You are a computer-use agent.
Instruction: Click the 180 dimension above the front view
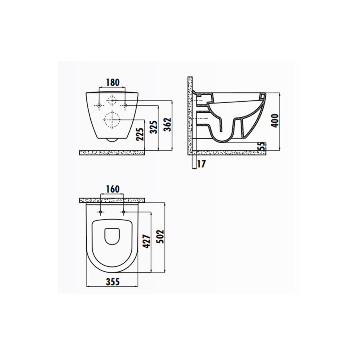tap(112, 82)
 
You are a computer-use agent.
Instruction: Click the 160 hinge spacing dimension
tap(112, 189)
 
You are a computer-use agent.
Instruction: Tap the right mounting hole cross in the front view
tap(125, 105)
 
